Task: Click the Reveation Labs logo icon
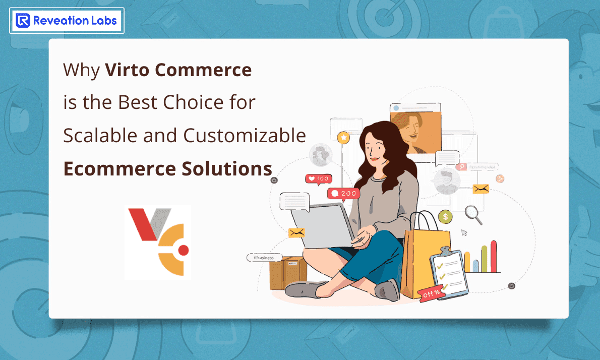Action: point(23,21)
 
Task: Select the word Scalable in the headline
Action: point(96,136)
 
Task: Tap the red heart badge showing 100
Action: point(318,178)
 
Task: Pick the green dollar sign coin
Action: point(445,217)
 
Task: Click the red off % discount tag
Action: point(430,293)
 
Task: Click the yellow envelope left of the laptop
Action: point(296,232)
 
